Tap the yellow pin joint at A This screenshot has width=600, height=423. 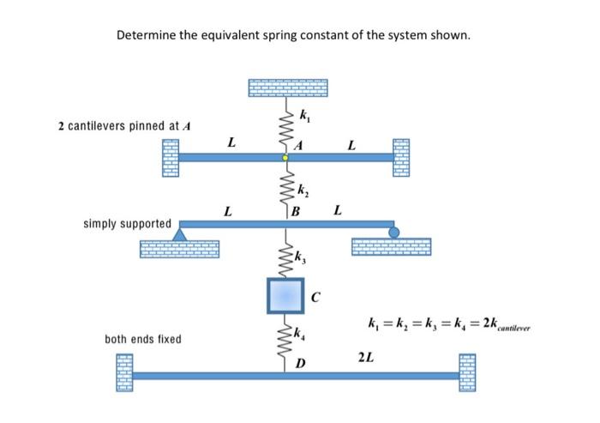pos(287,158)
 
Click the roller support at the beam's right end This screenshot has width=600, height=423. pos(393,232)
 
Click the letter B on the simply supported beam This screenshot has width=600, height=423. pos(296,213)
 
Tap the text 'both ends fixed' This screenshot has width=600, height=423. pos(142,339)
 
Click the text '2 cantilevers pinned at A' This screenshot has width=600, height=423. pos(125,126)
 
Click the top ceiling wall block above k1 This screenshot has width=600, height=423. pos(287,89)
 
